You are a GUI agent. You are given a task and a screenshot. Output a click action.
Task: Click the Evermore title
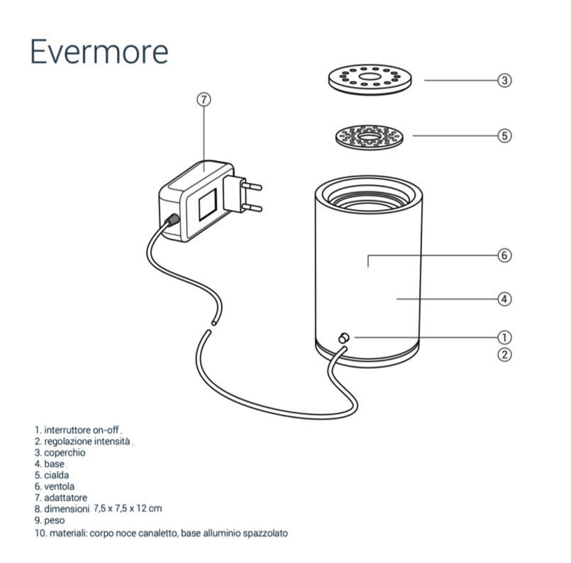(x=99, y=51)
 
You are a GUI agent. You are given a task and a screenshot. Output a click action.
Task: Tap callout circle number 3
(x=504, y=80)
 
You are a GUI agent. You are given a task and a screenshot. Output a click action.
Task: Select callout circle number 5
(x=504, y=135)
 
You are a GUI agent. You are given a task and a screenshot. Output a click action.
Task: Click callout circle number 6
(x=504, y=255)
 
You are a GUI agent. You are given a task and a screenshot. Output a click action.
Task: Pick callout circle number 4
(x=504, y=299)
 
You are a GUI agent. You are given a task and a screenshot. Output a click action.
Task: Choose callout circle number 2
(x=504, y=355)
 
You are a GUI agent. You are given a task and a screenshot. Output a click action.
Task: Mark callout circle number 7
(x=204, y=100)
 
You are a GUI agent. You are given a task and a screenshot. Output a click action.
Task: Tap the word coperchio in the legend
(x=66, y=452)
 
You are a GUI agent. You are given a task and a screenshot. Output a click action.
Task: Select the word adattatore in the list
(x=67, y=498)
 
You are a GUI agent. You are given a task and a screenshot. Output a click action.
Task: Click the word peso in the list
(x=55, y=520)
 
